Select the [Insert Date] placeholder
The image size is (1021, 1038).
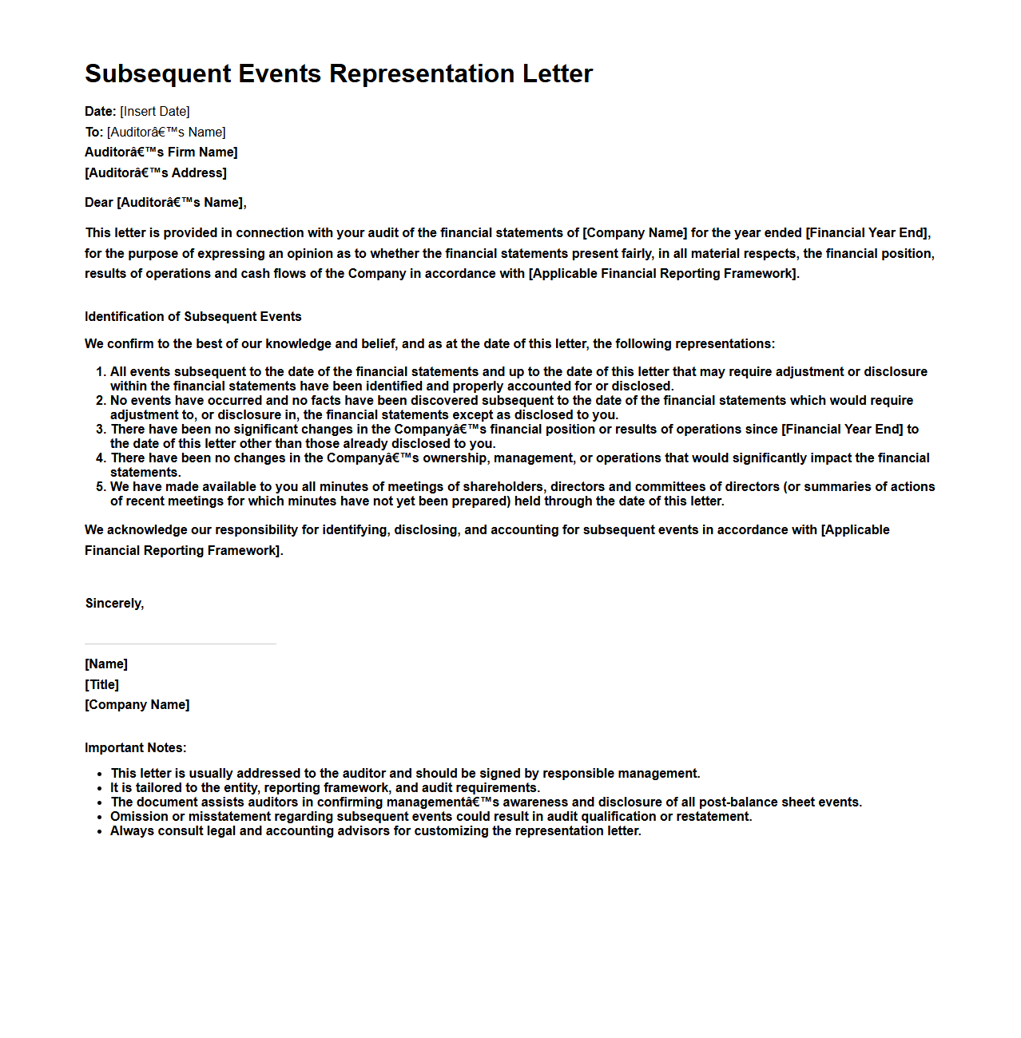pyautogui.click(x=155, y=112)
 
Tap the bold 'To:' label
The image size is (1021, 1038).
pyautogui.click(x=93, y=133)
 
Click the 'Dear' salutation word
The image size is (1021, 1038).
pyautogui.click(x=99, y=203)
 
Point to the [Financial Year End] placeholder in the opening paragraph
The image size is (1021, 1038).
pyautogui.click(x=868, y=233)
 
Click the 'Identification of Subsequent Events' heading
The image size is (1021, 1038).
pyautogui.click(x=193, y=317)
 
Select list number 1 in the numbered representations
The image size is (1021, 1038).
pyautogui.click(x=101, y=372)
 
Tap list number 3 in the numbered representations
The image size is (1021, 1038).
pyautogui.click(x=101, y=430)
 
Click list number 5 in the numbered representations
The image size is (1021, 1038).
pyautogui.click(x=101, y=487)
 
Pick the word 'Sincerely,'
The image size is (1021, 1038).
pyautogui.click(x=115, y=604)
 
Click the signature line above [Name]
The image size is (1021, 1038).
pyautogui.click(x=181, y=644)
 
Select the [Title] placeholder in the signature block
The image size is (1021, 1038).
pyautogui.click(x=102, y=685)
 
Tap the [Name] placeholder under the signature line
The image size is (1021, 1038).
pyautogui.click(x=106, y=664)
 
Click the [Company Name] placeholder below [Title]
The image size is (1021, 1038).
pyautogui.click(x=137, y=705)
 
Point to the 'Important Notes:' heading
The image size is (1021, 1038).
pyautogui.click(x=136, y=748)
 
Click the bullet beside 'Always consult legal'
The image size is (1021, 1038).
pyautogui.click(x=100, y=831)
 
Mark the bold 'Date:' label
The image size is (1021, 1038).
pyautogui.click(x=101, y=112)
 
